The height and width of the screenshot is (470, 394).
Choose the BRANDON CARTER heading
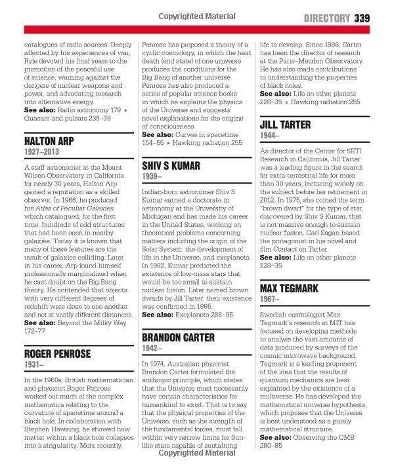(x=179, y=337)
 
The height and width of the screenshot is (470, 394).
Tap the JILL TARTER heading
(x=288, y=123)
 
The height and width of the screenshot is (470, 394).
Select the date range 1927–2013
(x=42, y=153)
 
